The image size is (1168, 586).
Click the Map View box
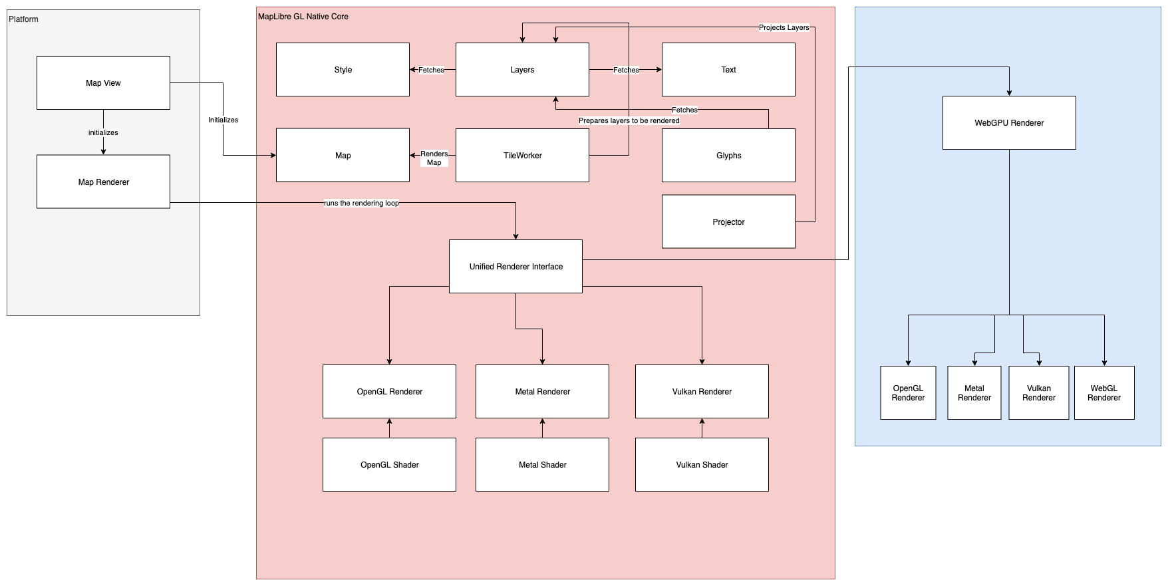(103, 83)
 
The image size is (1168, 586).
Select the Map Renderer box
(103, 182)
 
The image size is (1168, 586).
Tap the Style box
(343, 70)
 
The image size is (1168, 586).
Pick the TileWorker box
(522, 156)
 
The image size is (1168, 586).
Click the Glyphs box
(728, 156)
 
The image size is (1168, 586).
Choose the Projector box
(728, 222)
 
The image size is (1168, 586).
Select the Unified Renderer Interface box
(515, 267)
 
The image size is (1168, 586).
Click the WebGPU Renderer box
(1009, 123)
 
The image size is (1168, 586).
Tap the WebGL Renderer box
(1104, 393)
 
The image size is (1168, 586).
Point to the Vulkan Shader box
(702, 465)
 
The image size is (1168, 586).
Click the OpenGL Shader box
(389, 465)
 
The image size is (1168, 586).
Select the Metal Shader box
(542, 465)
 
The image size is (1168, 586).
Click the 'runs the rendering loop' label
(361, 203)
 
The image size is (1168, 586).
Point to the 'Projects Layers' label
(784, 28)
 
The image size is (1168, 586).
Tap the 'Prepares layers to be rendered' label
(629, 121)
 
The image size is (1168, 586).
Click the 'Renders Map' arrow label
(434, 158)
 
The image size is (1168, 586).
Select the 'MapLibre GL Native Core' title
(303, 17)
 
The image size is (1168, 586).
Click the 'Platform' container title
(23, 19)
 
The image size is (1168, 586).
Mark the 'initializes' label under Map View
(103, 133)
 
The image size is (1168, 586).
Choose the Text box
(728, 70)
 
